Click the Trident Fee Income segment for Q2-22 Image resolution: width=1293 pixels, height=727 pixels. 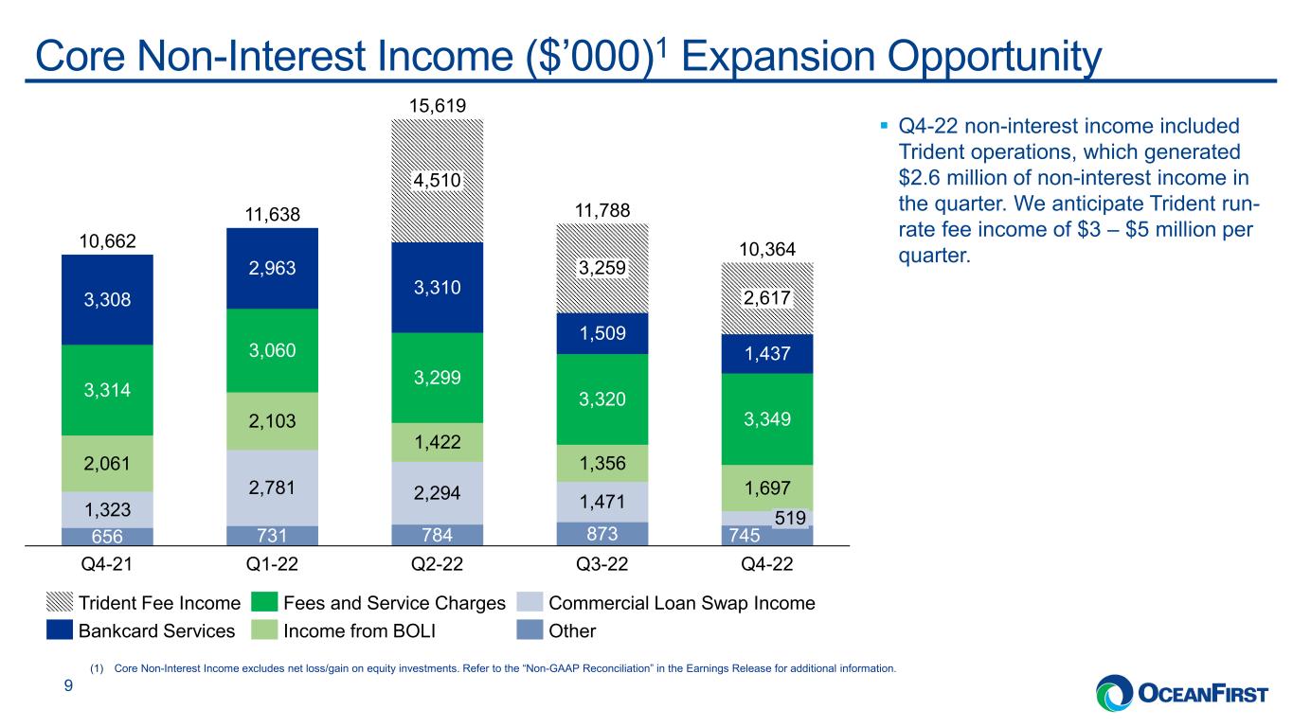(x=437, y=181)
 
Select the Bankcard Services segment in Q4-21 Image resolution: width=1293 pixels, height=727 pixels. (x=107, y=299)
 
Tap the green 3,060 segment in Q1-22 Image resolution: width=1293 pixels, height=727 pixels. (x=272, y=350)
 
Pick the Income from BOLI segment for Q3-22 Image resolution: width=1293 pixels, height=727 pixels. (x=602, y=463)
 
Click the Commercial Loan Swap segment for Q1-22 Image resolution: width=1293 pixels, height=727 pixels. (x=272, y=488)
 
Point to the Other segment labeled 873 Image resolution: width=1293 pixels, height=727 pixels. (x=602, y=534)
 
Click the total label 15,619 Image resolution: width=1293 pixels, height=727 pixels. (x=437, y=106)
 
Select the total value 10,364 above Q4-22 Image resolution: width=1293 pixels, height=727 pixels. (x=767, y=249)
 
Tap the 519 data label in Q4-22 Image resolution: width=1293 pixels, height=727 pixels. (x=790, y=518)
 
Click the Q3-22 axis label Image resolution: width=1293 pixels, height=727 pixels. (x=602, y=564)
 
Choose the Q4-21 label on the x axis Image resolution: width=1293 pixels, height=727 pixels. (x=107, y=564)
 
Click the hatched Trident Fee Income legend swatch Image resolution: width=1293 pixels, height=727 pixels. (x=60, y=602)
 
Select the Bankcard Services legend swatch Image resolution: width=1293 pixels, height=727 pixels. (x=60, y=629)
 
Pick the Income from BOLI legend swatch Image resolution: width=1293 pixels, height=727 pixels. (x=264, y=629)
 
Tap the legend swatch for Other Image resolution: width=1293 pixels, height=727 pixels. (x=530, y=629)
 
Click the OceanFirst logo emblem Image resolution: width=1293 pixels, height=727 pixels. (x=1114, y=693)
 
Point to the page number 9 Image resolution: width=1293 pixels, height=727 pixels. (x=68, y=685)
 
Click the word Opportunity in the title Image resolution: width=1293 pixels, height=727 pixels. (x=994, y=58)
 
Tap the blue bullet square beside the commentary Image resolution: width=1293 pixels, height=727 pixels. (x=884, y=125)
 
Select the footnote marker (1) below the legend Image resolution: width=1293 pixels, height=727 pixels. (x=97, y=668)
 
